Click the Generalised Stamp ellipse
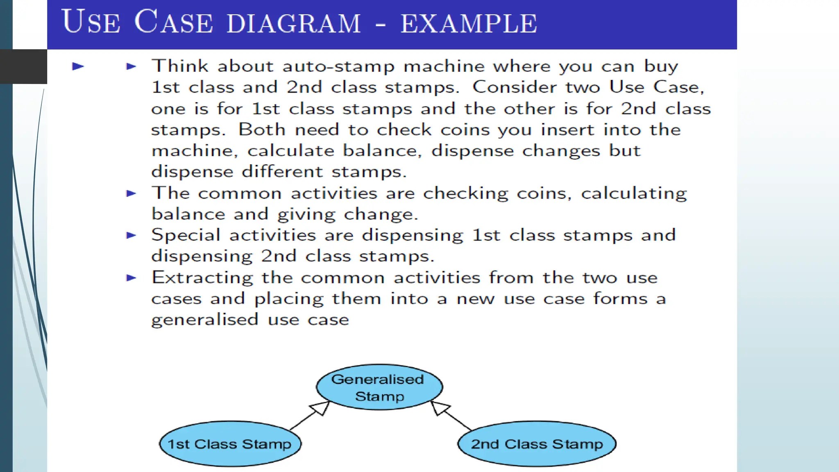pyautogui.click(x=379, y=387)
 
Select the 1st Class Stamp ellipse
pyautogui.click(x=230, y=444)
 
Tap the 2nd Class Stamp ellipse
pyautogui.click(x=537, y=444)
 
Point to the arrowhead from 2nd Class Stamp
pyautogui.click(x=439, y=408)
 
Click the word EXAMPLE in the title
pyautogui.click(x=469, y=23)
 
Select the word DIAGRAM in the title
pyautogui.click(x=293, y=23)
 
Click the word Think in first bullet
pyautogui.click(x=180, y=66)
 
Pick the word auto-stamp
pyautogui.click(x=338, y=66)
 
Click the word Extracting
pyautogui.click(x=202, y=278)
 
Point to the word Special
pyautogui.click(x=186, y=236)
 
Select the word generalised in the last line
pyautogui.click(x=204, y=320)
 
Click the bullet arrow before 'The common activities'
pyautogui.click(x=131, y=193)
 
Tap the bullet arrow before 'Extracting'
pyautogui.click(x=131, y=278)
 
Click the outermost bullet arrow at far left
pyautogui.click(x=78, y=66)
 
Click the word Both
pyautogui.click(x=262, y=129)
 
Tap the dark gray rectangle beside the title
pyautogui.click(x=23, y=66)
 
